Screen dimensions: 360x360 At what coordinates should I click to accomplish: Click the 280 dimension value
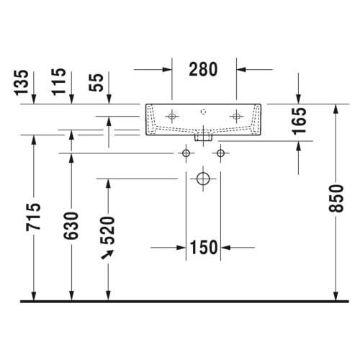[203, 69]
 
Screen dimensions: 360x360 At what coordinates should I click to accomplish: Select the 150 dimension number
[204, 248]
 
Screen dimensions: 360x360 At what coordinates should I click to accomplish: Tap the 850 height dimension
[336, 198]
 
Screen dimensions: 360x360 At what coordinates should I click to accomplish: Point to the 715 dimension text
[33, 217]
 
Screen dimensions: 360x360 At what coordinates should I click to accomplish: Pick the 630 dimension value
[71, 225]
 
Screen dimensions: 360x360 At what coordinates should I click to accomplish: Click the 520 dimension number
[108, 230]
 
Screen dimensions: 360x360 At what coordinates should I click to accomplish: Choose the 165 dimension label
[299, 121]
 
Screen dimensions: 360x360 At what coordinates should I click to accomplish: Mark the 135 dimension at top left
[22, 83]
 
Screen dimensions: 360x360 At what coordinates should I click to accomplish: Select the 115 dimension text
[59, 81]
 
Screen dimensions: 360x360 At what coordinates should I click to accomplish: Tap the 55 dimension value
[96, 83]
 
